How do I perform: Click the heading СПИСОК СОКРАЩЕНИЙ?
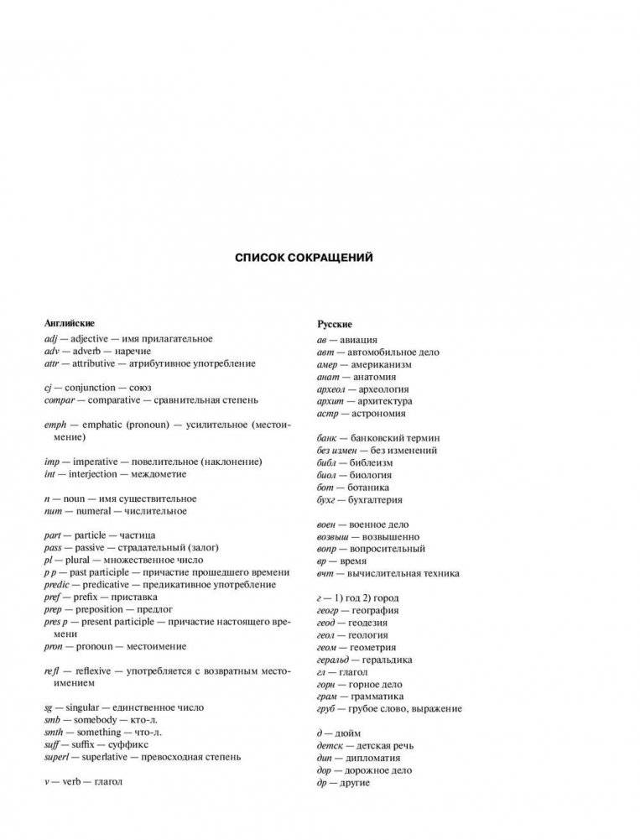tap(304, 258)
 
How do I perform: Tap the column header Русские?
tap(335, 324)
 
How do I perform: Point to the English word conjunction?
tap(92, 388)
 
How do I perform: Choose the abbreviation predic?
tap(57, 584)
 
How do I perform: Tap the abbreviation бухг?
tap(330, 499)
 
